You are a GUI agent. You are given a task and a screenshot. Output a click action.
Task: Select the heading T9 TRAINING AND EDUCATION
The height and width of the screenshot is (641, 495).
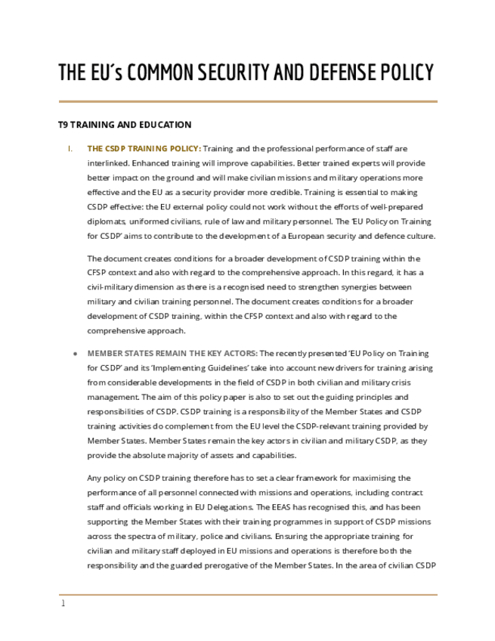[x=125, y=125]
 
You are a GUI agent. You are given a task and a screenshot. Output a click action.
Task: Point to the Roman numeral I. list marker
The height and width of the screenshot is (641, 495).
[x=70, y=149]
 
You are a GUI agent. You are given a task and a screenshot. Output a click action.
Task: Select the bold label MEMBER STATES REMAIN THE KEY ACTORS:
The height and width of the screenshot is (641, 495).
[x=172, y=353]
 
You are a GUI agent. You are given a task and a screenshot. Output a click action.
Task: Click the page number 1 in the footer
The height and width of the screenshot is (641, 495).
[x=63, y=603]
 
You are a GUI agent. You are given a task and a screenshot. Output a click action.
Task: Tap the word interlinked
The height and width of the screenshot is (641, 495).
[x=110, y=163]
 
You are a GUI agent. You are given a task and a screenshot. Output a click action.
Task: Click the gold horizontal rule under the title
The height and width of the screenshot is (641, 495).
[x=248, y=101]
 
